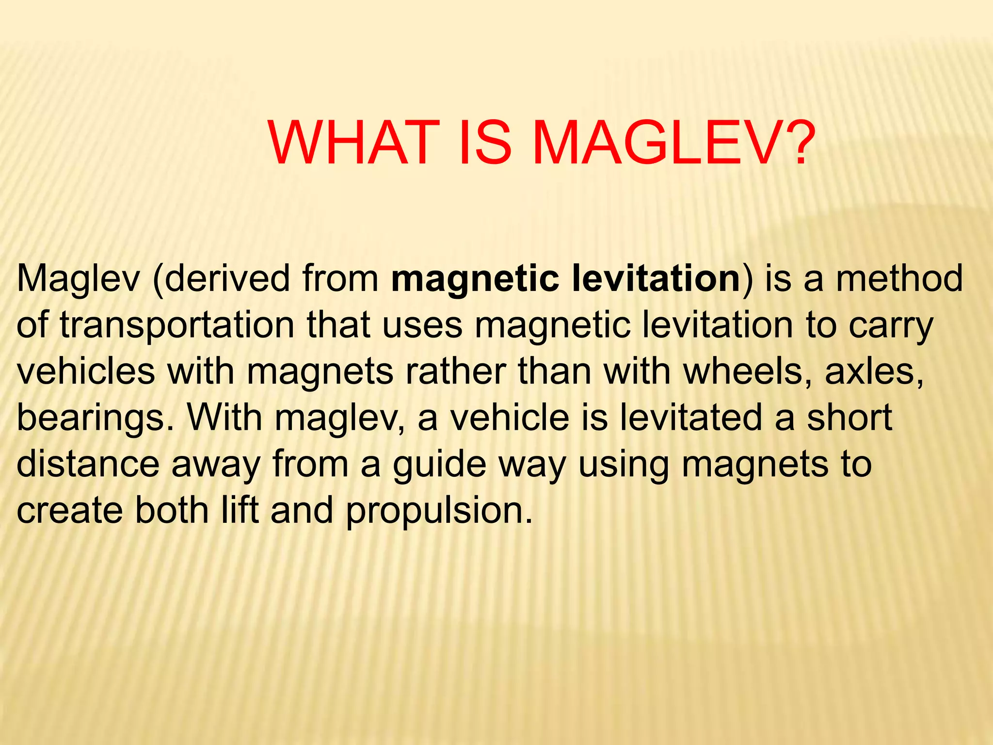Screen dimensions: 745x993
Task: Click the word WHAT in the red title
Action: (351, 143)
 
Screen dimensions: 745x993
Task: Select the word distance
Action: (88, 464)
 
